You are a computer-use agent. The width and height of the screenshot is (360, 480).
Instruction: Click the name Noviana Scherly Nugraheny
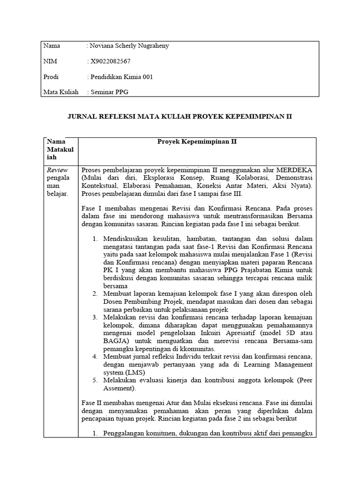click(x=128, y=45)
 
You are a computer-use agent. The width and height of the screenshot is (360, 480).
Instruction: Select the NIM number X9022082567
click(x=114, y=61)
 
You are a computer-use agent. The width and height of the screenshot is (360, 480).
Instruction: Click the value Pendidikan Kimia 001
click(x=121, y=77)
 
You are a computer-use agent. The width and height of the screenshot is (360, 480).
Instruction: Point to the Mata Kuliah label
click(x=61, y=92)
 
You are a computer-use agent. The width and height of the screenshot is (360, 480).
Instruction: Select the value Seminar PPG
click(x=109, y=92)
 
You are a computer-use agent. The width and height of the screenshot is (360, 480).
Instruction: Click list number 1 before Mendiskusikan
click(x=95, y=239)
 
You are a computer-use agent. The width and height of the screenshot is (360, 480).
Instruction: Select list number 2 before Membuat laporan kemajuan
click(x=95, y=293)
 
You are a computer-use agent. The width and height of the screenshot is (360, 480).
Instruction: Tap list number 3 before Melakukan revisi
click(x=95, y=317)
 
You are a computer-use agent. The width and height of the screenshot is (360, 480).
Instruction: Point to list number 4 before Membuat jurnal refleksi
click(x=95, y=357)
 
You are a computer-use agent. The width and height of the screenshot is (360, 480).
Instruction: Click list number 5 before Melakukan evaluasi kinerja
click(x=95, y=380)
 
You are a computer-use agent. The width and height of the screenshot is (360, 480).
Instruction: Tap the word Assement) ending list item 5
click(x=120, y=388)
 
